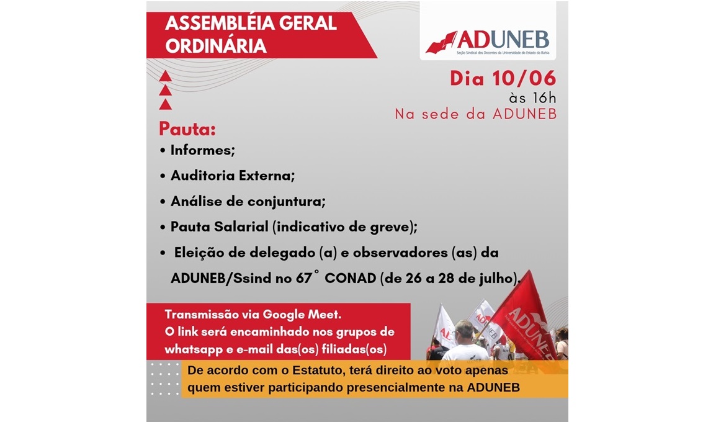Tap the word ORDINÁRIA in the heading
click(x=216, y=46)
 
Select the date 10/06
click(x=524, y=78)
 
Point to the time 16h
click(x=544, y=98)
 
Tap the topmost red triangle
click(x=166, y=76)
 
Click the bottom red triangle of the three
click(x=166, y=104)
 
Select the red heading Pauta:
click(x=187, y=129)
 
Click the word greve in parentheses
click(x=393, y=227)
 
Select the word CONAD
click(x=351, y=278)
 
